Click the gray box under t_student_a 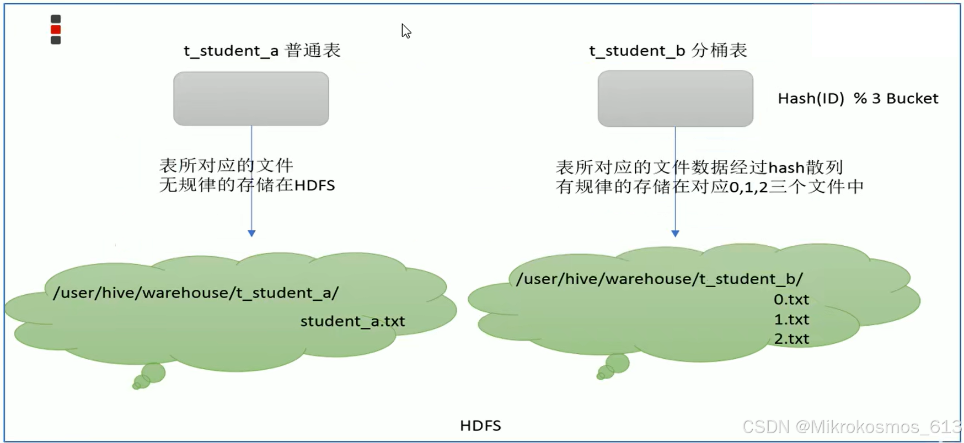[x=251, y=99]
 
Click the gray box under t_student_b [x=675, y=99]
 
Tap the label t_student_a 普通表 [x=262, y=51]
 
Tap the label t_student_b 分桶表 [x=668, y=51]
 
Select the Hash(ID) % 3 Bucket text [x=858, y=99]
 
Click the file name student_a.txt [x=352, y=321]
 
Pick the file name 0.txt [x=791, y=300]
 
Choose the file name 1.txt [x=791, y=320]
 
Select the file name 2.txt [x=791, y=339]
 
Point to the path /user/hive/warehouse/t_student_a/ [x=196, y=293]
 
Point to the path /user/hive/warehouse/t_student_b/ [x=660, y=279]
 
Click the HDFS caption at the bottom [x=480, y=425]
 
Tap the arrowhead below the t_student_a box [x=251, y=233]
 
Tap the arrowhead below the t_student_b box [x=675, y=233]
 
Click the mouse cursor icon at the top [x=406, y=31]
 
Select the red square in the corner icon [x=56, y=30]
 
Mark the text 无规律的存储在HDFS [x=247, y=185]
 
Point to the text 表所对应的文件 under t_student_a [x=226, y=165]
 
